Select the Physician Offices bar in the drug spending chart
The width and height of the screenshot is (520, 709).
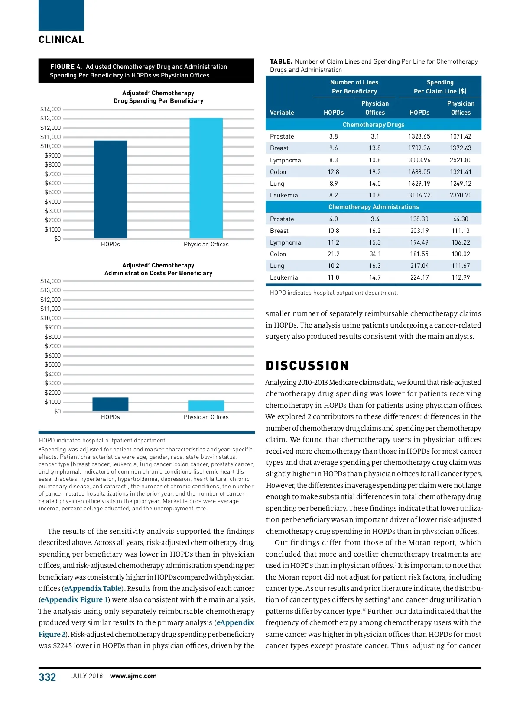point(206,178)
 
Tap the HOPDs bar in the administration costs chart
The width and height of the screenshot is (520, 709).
point(110,404)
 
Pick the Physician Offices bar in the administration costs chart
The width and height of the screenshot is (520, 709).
point(206,406)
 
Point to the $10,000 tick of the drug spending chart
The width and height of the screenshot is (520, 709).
point(51,146)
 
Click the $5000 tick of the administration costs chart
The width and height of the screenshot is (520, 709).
point(52,365)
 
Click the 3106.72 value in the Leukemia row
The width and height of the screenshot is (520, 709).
point(419,195)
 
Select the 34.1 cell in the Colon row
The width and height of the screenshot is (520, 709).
point(375,254)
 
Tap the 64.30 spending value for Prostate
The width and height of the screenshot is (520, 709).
point(461,219)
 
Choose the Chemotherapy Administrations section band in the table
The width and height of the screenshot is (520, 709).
point(374,207)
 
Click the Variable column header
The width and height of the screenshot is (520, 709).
point(282,113)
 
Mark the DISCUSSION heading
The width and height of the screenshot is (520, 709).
point(307,366)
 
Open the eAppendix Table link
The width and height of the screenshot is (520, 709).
point(93,588)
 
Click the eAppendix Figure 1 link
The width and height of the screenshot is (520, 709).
point(74,600)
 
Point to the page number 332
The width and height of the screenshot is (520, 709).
point(47,677)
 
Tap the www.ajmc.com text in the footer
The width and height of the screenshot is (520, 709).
point(133,676)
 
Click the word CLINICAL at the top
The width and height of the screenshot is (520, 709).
point(62,40)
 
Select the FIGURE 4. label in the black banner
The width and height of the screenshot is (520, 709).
point(66,67)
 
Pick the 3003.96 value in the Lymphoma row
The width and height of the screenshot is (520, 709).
point(419,160)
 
